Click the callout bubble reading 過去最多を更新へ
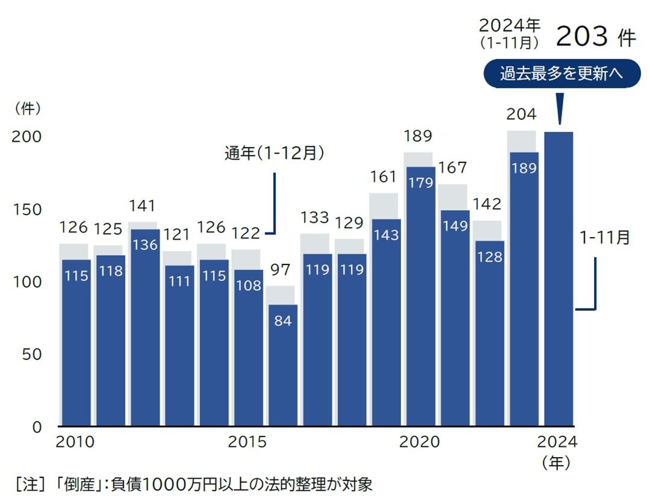coord(562,74)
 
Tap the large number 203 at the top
coord(581,37)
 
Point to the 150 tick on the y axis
coord(28,210)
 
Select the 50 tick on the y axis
coord(31,354)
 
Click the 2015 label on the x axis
coord(247,443)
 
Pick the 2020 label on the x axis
coord(419,443)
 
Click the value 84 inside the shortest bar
coord(282,321)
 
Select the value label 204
coord(521,114)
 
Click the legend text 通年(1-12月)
coord(274,154)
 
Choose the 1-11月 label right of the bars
coord(604,238)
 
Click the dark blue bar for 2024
coord(559,277)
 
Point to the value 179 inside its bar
coord(419,182)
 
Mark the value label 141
coord(142,207)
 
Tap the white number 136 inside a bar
coord(144,246)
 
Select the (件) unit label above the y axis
coord(28,109)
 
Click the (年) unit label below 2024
coord(556,463)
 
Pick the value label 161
coord(383,177)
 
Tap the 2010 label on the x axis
coord(75,443)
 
